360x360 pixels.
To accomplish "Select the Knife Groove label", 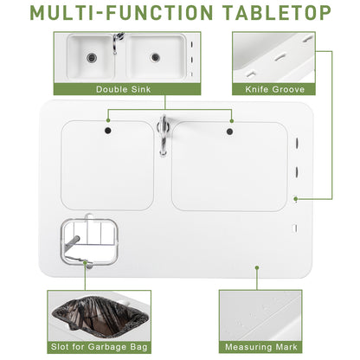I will pos(273,88).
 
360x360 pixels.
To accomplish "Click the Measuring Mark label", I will pos(260,345).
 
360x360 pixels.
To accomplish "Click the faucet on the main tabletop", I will pos(163,134).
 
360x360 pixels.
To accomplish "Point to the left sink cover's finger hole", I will pos(107,131).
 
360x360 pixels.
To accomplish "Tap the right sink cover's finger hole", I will pos(229,131).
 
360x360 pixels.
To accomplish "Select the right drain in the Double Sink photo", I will pos(155,57).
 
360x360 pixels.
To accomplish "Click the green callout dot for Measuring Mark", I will pos(257,267).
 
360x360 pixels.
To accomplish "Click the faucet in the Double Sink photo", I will pos(118,41).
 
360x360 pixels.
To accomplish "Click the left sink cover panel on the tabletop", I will pos(106,169).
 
